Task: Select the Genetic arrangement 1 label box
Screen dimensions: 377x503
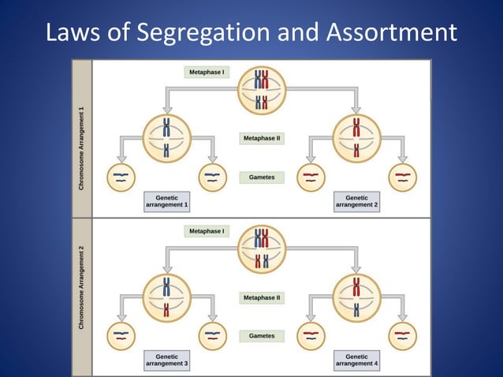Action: coord(166,202)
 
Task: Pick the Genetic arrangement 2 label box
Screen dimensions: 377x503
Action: coord(356,202)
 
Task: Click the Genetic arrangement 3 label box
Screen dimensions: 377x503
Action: coord(166,360)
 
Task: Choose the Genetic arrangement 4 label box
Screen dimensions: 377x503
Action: coord(356,360)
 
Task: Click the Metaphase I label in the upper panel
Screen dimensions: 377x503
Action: coord(207,73)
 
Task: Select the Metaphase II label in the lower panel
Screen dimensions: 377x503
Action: coord(262,298)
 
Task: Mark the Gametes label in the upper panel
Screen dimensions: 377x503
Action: coord(262,177)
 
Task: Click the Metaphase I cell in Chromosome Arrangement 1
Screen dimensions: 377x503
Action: coord(262,90)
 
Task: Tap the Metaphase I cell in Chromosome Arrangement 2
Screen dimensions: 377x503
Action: coord(262,248)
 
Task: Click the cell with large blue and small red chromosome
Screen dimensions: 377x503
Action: coord(166,297)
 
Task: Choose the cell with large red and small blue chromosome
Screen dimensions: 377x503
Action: coord(356,297)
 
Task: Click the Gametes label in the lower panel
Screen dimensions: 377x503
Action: coord(262,336)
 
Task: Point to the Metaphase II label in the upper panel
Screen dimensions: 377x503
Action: coord(262,138)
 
